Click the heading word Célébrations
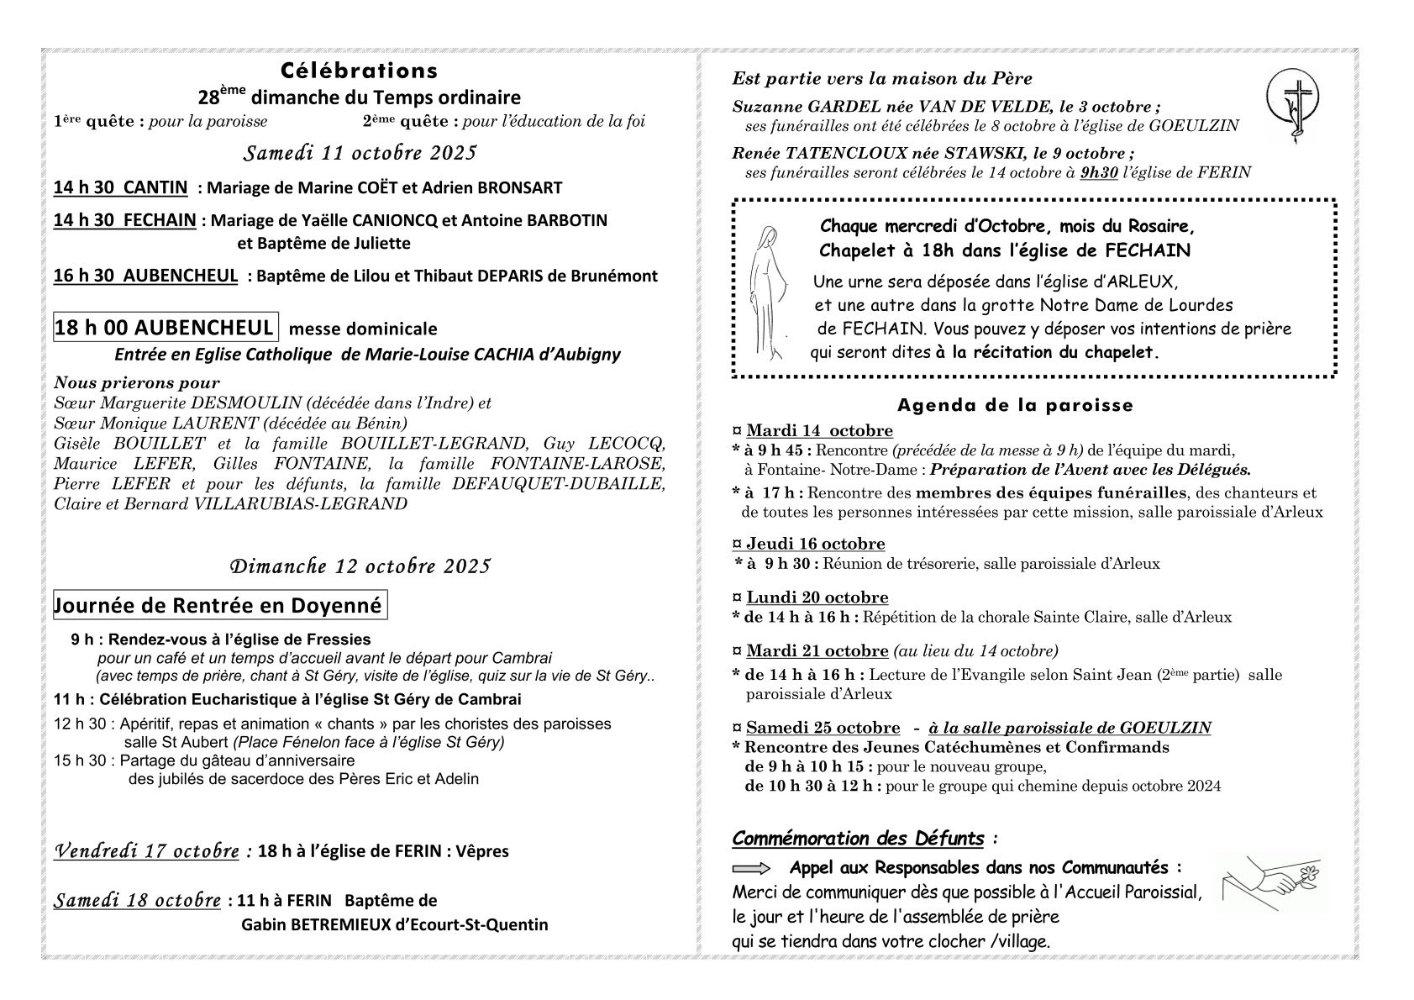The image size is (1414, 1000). tap(359, 70)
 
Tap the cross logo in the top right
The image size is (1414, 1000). tap(1295, 106)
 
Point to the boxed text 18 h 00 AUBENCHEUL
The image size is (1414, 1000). tap(165, 328)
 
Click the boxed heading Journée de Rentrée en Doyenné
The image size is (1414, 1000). tap(218, 605)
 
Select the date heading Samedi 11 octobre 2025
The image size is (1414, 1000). tap(360, 153)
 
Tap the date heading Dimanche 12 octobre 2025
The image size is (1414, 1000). tap(360, 566)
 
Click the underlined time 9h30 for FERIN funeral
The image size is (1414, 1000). tap(1099, 172)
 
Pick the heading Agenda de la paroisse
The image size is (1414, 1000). tap(1015, 405)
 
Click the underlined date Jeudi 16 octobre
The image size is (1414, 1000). tap(815, 544)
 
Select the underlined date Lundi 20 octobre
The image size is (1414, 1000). tap(817, 597)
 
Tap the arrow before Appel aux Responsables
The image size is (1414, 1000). tap(751, 868)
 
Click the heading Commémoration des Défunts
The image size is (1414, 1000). tap(858, 838)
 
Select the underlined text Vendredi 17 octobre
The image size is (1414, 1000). tap(146, 850)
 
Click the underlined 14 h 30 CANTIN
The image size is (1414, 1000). tap(120, 187)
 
